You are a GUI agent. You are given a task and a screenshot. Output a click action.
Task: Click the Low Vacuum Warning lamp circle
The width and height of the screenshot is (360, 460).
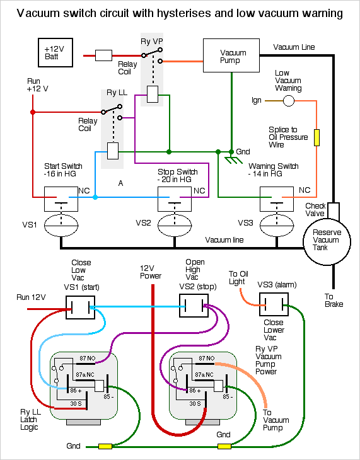pos(288,101)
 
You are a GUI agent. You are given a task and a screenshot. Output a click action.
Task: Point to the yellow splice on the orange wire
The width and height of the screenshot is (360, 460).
pos(316,137)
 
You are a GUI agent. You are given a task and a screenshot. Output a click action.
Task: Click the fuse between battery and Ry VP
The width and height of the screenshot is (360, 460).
pos(103,55)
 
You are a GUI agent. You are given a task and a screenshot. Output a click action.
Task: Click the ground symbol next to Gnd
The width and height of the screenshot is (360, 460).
pos(233,160)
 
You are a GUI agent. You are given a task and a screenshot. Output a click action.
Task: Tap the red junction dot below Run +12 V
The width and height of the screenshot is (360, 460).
pos(33,112)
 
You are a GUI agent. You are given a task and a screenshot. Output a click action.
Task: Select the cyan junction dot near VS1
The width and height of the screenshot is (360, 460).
pos(95,197)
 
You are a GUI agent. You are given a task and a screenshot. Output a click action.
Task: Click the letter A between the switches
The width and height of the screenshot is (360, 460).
pos(120,183)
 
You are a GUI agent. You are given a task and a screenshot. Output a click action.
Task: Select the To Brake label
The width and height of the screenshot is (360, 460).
pos(334,301)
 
